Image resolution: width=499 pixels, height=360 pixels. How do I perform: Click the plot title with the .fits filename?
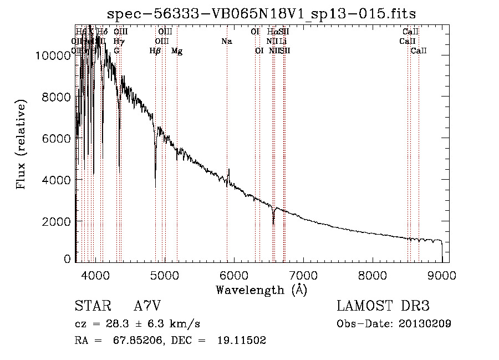coord(261,13)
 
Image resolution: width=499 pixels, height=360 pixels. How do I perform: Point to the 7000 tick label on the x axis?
coord(303,276)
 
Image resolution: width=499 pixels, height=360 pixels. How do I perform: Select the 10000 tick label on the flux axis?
coord(53,55)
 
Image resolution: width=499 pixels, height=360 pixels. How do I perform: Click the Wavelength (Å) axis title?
coord(261,290)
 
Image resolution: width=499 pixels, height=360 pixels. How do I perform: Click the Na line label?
coord(226,42)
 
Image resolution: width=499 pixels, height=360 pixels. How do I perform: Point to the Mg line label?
coord(177,51)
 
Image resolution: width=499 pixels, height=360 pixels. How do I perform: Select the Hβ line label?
coord(155,51)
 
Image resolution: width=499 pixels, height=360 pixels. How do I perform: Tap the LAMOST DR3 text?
coord(383,306)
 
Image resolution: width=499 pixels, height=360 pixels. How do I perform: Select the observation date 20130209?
coord(426,323)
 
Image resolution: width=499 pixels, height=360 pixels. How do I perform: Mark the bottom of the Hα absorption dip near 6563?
coord(273,224)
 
